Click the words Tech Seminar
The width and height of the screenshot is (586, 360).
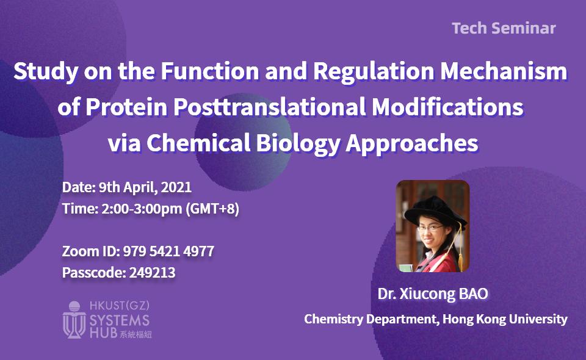(504, 28)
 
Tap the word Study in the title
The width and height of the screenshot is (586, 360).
(39, 72)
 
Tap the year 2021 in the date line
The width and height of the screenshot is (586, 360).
(178, 187)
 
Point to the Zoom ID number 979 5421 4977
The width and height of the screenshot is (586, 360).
(168, 251)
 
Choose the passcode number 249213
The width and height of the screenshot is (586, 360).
(152, 273)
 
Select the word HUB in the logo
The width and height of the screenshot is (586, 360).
(102, 333)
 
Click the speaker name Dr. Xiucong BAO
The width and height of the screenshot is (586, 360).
(433, 294)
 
